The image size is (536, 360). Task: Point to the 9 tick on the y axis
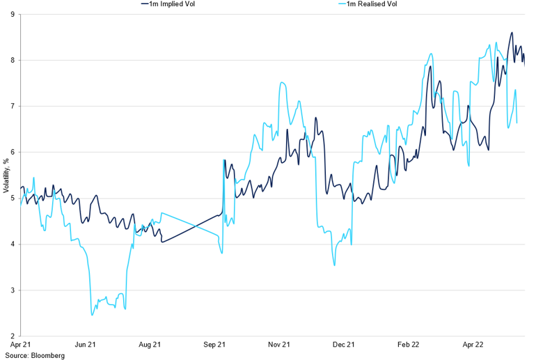click(x=13, y=15)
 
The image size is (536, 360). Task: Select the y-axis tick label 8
click(x=13, y=61)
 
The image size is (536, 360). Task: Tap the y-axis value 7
click(x=13, y=107)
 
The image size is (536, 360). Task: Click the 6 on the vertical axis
click(x=13, y=152)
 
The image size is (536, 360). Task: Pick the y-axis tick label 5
click(x=13, y=198)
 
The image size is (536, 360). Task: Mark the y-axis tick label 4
click(x=13, y=244)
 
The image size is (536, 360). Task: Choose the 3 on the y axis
click(x=13, y=290)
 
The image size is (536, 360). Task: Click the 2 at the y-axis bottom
click(x=13, y=336)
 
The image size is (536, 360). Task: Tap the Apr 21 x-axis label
click(x=22, y=345)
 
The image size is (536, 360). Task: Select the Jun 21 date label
click(x=86, y=345)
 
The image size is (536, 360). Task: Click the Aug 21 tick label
click(x=150, y=345)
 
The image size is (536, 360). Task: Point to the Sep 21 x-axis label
click(x=215, y=345)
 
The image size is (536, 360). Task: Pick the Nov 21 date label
click(x=279, y=345)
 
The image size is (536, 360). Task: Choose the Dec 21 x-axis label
click(x=344, y=345)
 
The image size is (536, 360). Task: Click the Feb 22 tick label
click(x=409, y=345)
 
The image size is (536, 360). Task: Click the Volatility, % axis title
click(x=6, y=175)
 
